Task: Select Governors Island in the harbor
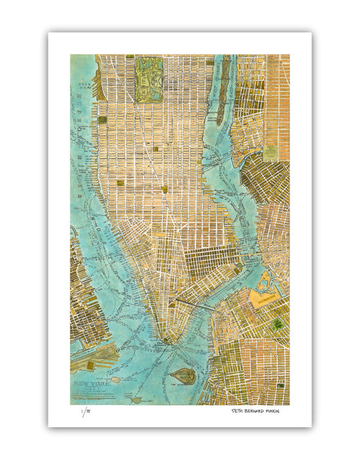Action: click(181, 376)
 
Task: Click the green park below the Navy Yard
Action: click(276, 323)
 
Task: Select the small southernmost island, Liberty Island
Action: click(136, 400)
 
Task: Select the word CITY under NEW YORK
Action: click(90, 391)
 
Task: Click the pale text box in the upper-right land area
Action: click(270, 152)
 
